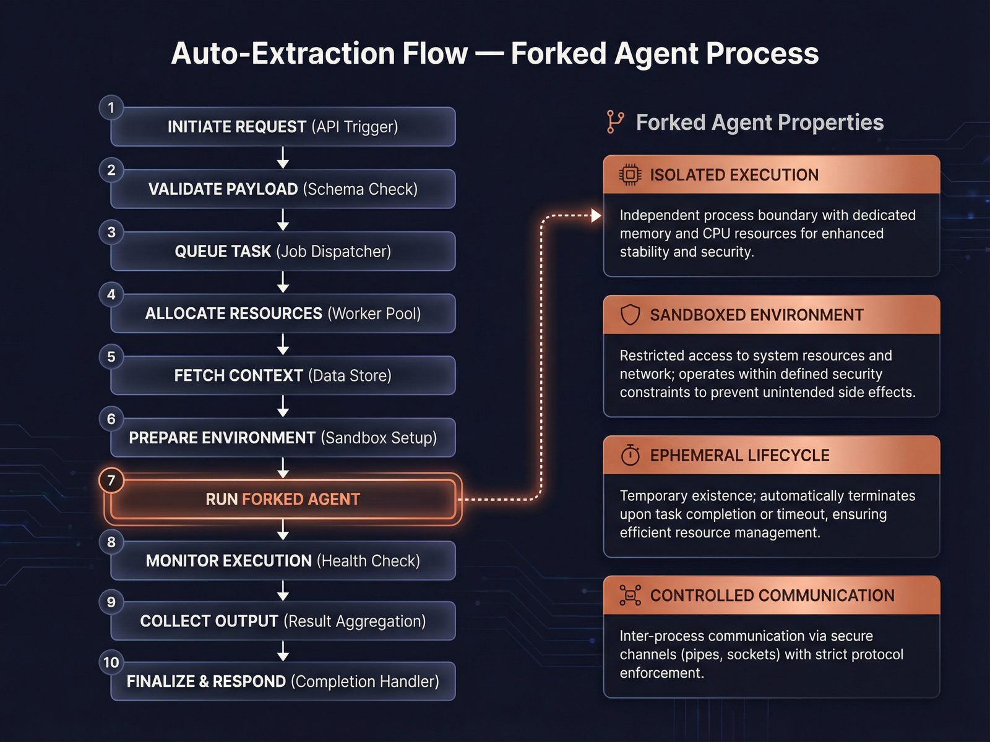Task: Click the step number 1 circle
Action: click(x=111, y=108)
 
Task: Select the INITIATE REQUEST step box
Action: click(x=283, y=127)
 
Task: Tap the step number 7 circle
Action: click(x=111, y=480)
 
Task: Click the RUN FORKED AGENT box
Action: click(x=283, y=499)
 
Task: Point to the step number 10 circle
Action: click(x=111, y=662)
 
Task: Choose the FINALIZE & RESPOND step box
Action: click(x=283, y=681)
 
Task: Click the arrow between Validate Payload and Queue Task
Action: click(x=283, y=220)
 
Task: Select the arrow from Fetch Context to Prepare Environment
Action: click(x=283, y=406)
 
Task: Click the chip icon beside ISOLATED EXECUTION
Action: click(x=630, y=175)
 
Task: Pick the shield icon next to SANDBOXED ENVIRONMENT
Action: click(x=630, y=315)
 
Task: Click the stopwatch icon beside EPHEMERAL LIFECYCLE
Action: click(x=630, y=455)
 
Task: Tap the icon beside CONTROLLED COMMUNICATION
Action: click(x=630, y=595)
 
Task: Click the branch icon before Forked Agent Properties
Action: click(x=615, y=122)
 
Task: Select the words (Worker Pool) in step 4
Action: click(x=374, y=313)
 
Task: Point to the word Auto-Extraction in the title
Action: click(x=319, y=53)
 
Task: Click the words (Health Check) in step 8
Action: click(x=368, y=561)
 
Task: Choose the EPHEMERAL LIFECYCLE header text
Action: click(x=739, y=455)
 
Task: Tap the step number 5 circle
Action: click(x=111, y=357)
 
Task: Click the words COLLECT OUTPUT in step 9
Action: click(x=209, y=621)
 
